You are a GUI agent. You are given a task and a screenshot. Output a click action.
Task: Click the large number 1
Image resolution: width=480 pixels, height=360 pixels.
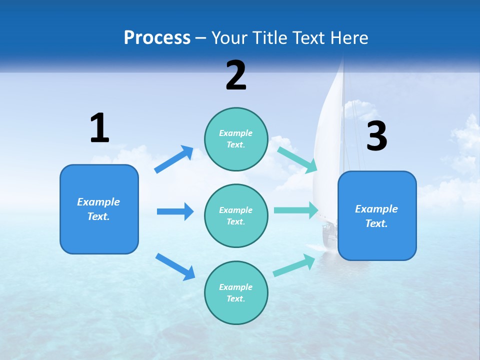[x=99, y=128]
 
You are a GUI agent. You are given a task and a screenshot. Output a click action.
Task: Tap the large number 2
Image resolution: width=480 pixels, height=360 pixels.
[x=236, y=75]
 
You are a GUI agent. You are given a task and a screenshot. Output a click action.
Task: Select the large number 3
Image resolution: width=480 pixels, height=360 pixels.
[x=377, y=136]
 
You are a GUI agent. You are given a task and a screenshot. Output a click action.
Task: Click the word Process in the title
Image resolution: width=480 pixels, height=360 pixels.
[x=157, y=37]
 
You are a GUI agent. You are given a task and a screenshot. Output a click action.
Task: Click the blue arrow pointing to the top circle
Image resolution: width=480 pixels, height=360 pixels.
[x=174, y=159]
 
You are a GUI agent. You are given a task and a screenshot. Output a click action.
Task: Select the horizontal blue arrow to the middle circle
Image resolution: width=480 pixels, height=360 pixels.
[x=175, y=211]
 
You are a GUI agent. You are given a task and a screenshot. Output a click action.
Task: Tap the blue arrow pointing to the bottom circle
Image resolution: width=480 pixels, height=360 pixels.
[x=175, y=266]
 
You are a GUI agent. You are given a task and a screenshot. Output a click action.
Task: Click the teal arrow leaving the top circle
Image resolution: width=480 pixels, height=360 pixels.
[x=297, y=159]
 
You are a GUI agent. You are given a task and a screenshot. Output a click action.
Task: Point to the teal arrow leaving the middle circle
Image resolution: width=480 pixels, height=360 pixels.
[x=295, y=210]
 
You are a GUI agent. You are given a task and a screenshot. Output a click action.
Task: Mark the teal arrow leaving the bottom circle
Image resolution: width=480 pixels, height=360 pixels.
[x=294, y=265]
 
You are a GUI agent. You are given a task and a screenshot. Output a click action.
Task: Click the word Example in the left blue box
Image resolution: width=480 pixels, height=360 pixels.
[x=98, y=202]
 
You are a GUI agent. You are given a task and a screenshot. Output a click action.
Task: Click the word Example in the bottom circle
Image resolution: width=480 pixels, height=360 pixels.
[x=235, y=287]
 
